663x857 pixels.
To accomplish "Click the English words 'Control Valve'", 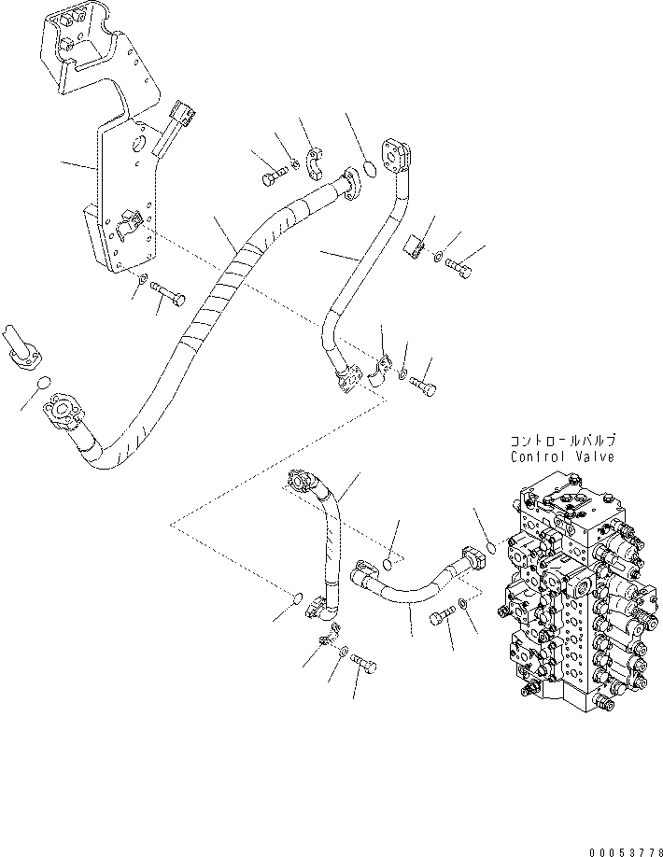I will click(x=562, y=457).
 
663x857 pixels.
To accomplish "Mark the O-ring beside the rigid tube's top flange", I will click(x=368, y=170).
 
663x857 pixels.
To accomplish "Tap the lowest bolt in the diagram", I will click(x=367, y=665).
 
